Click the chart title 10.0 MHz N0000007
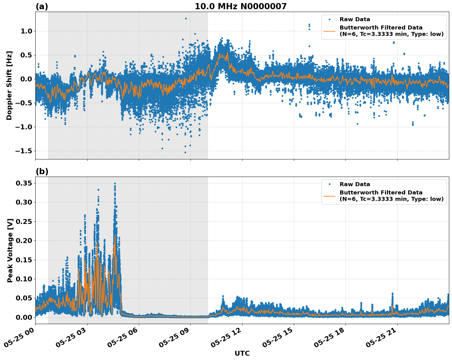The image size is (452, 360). click(240, 6)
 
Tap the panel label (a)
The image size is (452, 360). click(42, 6)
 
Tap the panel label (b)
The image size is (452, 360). click(42, 171)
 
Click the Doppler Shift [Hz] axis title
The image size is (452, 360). click(9, 85)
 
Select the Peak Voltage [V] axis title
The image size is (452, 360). click(10, 250)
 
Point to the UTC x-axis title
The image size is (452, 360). click(242, 353)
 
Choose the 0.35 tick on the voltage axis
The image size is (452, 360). click(24, 183)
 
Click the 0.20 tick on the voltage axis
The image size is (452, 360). click(24, 241)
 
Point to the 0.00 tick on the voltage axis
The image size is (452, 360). click(24, 317)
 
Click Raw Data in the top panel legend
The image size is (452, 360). click(355, 20)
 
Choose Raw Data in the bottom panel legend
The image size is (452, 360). click(355, 185)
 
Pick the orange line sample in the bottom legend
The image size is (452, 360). click(329, 196)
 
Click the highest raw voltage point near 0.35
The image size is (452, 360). click(115, 184)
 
